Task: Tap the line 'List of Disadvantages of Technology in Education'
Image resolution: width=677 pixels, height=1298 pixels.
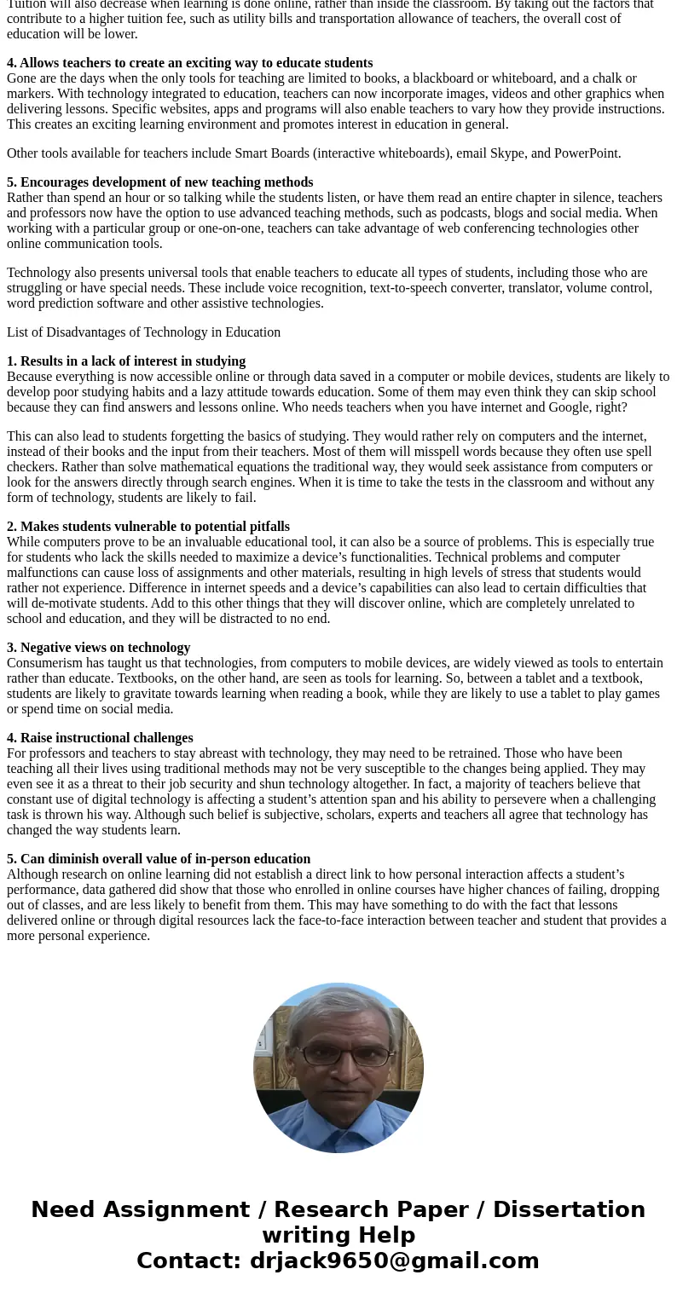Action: tap(143, 332)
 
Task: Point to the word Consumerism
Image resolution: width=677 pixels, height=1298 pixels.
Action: tap(43, 663)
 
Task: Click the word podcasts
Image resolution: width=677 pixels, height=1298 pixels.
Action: tap(468, 213)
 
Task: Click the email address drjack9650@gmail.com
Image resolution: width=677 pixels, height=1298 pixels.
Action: tap(394, 1261)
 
